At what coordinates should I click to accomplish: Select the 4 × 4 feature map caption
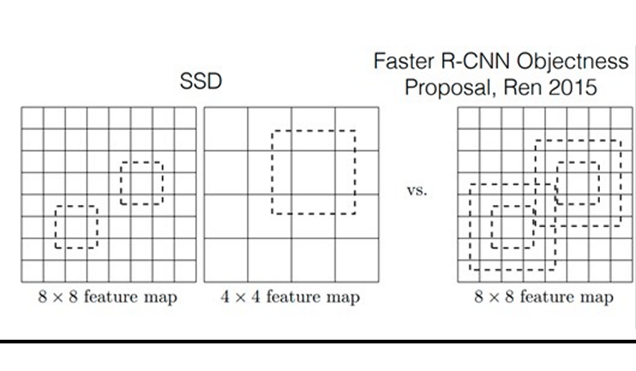[x=290, y=297]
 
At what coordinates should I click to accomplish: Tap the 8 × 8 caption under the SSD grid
[x=108, y=297]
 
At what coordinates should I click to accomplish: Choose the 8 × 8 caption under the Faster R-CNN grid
[x=544, y=297]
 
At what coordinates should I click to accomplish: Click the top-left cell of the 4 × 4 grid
[x=226, y=128]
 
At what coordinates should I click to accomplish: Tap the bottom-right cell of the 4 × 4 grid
[x=356, y=260]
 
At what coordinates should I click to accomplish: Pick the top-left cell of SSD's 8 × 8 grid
[x=32, y=118]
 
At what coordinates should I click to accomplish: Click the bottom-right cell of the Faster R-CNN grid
[x=621, y=271]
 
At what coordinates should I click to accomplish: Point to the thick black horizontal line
[x=318, y=342]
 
